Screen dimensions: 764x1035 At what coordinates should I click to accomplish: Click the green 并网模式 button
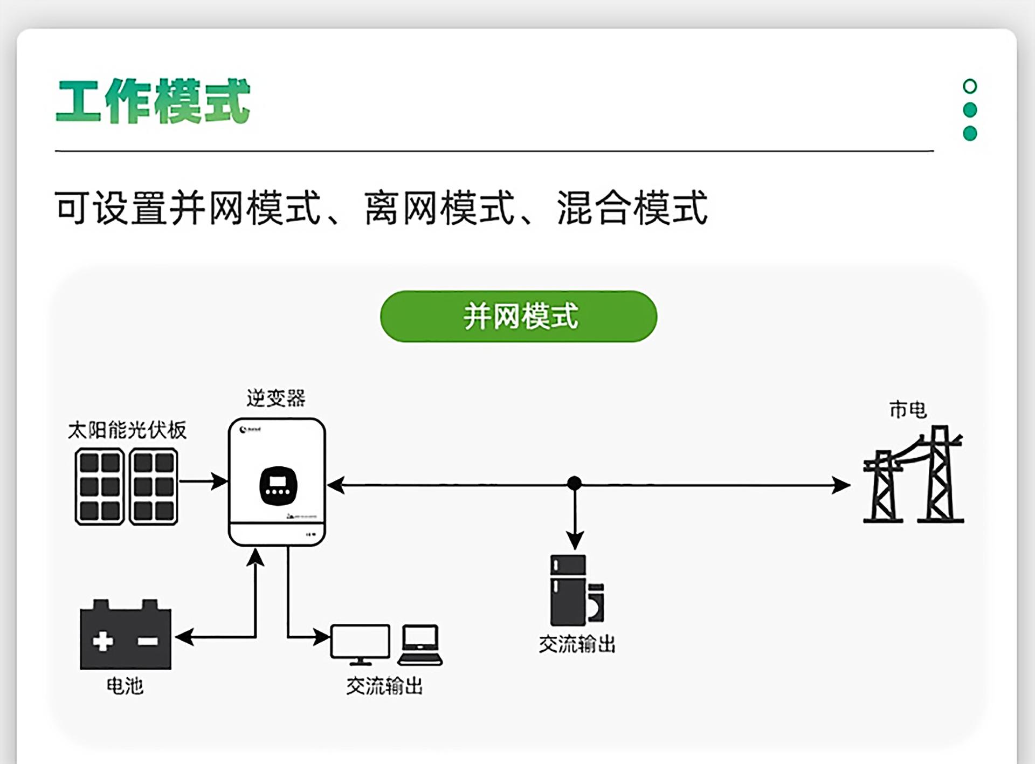coord(518,316)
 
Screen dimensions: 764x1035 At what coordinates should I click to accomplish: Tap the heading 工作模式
coord(153,101)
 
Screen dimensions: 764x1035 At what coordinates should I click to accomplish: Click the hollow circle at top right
coord(969,86)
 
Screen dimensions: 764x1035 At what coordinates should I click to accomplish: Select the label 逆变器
coord(276,398)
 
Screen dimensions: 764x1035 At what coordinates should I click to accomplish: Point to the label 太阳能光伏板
coord(127,430)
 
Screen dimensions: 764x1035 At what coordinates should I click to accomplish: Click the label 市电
coord(908,410)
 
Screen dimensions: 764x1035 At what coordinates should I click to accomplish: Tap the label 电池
coord(125,686)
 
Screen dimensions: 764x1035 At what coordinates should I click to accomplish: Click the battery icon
coord(125,636)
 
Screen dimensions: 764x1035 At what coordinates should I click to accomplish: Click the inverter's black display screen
coord(278,485)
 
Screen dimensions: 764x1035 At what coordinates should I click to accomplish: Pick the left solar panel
coord(100,486)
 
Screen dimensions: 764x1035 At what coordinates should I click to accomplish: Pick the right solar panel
coord(154,486)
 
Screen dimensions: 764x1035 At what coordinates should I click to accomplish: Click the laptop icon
coord(420,645)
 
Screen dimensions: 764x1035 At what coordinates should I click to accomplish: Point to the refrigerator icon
coord(568,590)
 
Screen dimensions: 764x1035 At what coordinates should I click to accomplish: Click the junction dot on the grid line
coord(575,483)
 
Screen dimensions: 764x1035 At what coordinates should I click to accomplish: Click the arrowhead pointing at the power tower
coord(841,485)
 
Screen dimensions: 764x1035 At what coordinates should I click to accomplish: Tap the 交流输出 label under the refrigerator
coord(577,644)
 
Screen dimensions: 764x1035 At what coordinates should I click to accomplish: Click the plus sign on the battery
coord(103,641)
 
